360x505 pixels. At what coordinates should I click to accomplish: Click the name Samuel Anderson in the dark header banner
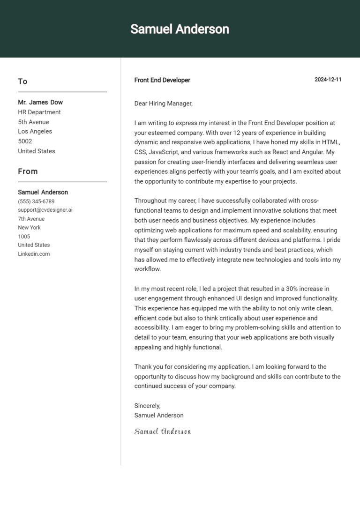(180, 29)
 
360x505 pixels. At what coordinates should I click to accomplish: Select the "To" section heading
(22, 82)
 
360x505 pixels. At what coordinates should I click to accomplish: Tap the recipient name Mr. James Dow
(40, 102)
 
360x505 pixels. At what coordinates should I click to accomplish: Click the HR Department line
(39, 112)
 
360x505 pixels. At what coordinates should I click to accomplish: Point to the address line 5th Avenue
(33, 122)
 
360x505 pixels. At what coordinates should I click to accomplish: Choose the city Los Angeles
(35, 132)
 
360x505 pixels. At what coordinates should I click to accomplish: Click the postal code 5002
(25, 141)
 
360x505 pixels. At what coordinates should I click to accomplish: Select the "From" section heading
(28, 171)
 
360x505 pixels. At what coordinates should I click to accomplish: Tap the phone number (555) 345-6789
(36, 201)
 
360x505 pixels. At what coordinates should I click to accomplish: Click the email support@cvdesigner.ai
(45, 210)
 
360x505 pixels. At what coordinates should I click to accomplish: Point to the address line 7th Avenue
(31, 219)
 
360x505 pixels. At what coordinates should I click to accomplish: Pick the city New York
(30, 228)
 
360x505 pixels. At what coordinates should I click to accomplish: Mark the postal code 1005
(24, 237)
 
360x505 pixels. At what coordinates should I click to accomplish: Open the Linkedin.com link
(34, 254)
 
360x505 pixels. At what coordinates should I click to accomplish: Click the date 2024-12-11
(328, 80)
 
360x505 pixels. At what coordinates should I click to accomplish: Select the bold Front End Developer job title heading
(162, 80)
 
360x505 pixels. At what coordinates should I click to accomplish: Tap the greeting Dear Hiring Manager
(163, 104)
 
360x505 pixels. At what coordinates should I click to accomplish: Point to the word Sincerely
(147, 406)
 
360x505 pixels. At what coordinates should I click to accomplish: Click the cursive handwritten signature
(163, 431)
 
